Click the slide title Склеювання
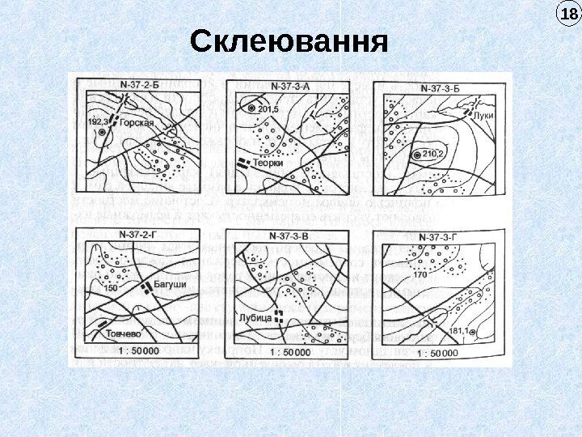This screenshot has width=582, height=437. [289, 41]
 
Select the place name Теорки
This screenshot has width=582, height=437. [268, 163]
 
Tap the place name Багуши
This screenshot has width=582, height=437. [170, 286]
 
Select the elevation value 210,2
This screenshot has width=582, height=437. [434, 155]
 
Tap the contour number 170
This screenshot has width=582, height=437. [420, 275]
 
